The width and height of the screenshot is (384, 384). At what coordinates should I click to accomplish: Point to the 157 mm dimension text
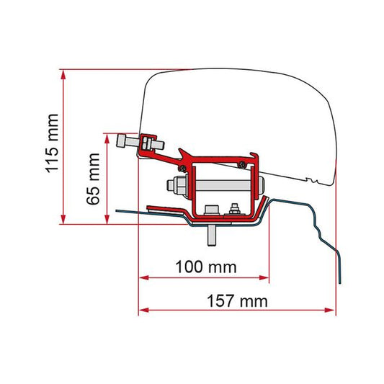pyautogui.click(x=236, y=300)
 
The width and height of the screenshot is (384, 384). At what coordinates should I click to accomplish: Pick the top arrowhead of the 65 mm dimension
pyautogui.click(x=111, y=137)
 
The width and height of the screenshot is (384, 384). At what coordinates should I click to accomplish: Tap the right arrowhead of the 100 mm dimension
pyautogui.click(x=264, y=276)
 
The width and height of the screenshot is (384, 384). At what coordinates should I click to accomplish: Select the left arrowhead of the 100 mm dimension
pyautogui.click(x=143, y=276)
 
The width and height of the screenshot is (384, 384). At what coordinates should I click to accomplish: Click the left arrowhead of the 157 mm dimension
pyautogui.click(x=143, y=311)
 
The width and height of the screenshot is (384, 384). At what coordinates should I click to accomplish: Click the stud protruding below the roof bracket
pyautogui.click(x=214, y=235)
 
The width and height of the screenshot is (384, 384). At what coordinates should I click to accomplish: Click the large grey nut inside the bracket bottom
pyautogui.click(x=212, y=209)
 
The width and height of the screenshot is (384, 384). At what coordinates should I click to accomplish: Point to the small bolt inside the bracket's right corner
pyautogui.click(x=235, y=210)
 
